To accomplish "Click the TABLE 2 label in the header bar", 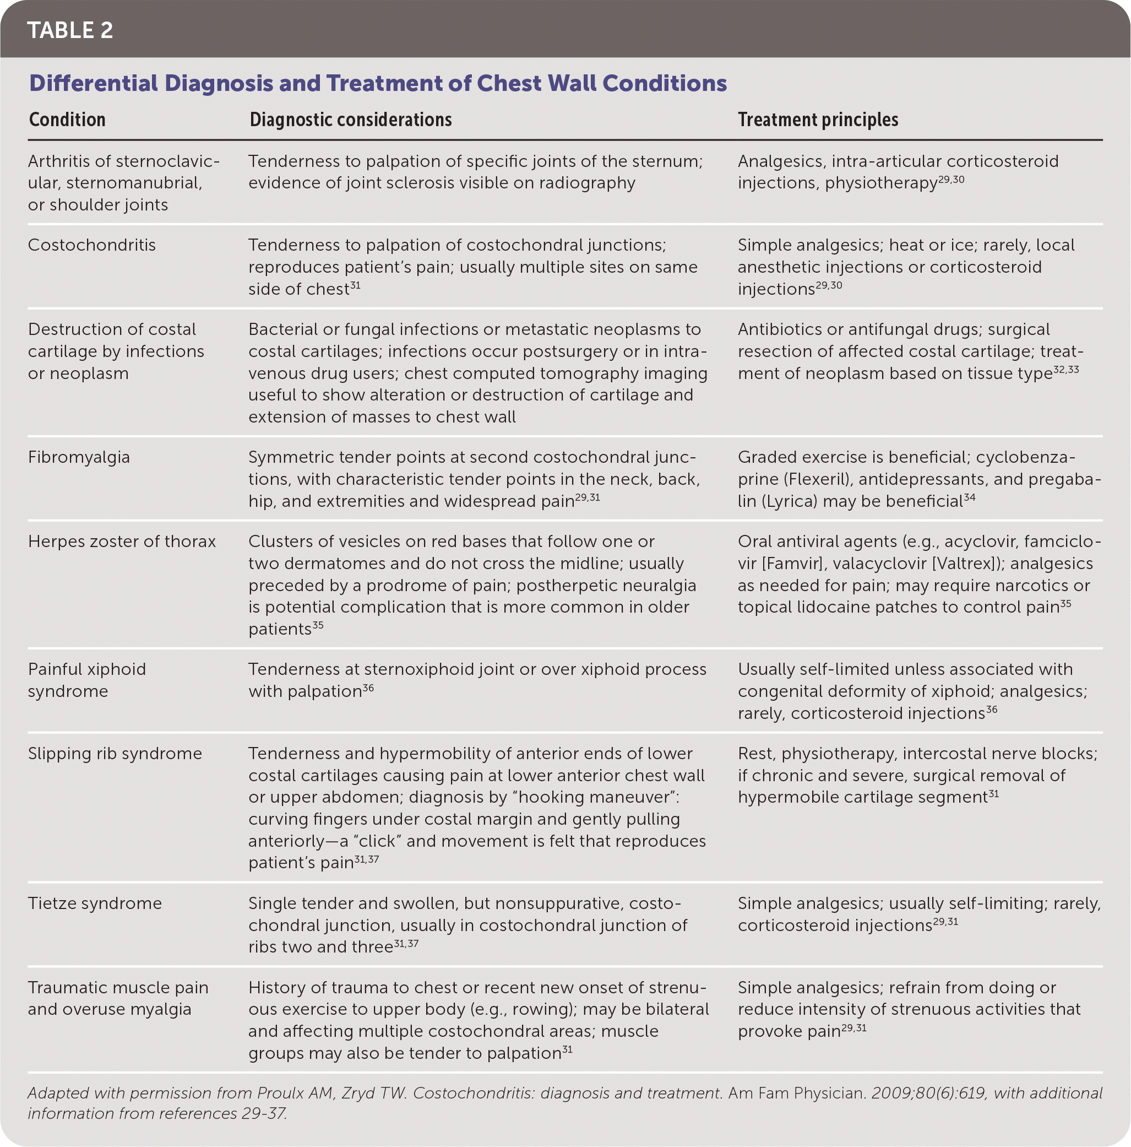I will tap(70, 30).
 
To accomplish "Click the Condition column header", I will tap(67, 120).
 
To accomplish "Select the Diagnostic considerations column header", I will tap(350, 120).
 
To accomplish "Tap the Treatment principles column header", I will tap(818, 120).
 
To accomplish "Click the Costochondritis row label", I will tap(92, 245).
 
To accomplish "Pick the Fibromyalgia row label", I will tap(79, 457).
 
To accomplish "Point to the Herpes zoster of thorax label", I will tap(122, 542).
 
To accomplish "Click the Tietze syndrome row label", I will tap(95, 903).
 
